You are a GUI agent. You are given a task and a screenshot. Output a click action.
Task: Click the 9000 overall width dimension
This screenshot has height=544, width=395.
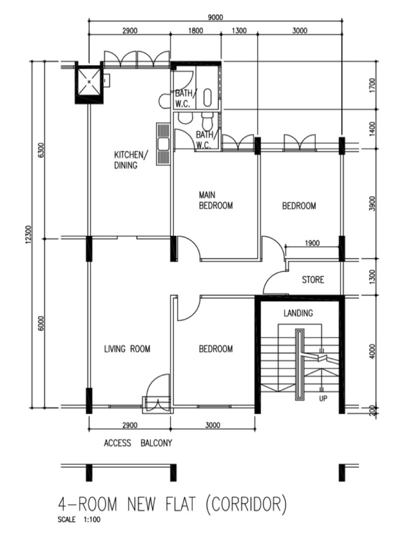click(x=215, y=17)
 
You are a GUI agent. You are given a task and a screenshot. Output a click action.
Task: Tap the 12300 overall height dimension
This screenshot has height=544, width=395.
click(x=29, y=234)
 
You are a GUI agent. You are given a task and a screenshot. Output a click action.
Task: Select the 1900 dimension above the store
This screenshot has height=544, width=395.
click(x=312, y=243)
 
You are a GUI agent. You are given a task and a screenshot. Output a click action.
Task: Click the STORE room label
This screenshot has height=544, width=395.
click(x=313, y=279)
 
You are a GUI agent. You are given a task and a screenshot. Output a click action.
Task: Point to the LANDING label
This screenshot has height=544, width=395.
click(x=298, y=313)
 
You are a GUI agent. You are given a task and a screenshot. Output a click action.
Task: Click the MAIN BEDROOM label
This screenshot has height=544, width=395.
click(x=215, y=200)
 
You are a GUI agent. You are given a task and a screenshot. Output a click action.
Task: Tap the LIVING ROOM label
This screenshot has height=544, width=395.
click(x=127, y=349)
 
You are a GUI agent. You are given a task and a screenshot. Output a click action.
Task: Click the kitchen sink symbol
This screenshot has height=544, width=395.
click(x=162, y=143)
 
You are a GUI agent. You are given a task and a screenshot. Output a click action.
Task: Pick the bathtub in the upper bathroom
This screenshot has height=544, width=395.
click(x=207, y=97)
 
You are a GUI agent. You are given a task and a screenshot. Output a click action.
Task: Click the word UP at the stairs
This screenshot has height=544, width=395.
click(x=323, y=399)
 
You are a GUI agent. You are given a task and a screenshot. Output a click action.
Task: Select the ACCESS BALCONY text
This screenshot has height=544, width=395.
click(x=138, y=443)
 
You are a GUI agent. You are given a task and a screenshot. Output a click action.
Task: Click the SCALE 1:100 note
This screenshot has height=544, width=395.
click(x=79, y=520)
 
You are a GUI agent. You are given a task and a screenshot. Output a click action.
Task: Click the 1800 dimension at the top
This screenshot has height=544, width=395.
click(x=196, y=31)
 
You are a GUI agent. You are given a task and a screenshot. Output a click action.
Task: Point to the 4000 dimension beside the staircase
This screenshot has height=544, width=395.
click(x=372, y=352)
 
